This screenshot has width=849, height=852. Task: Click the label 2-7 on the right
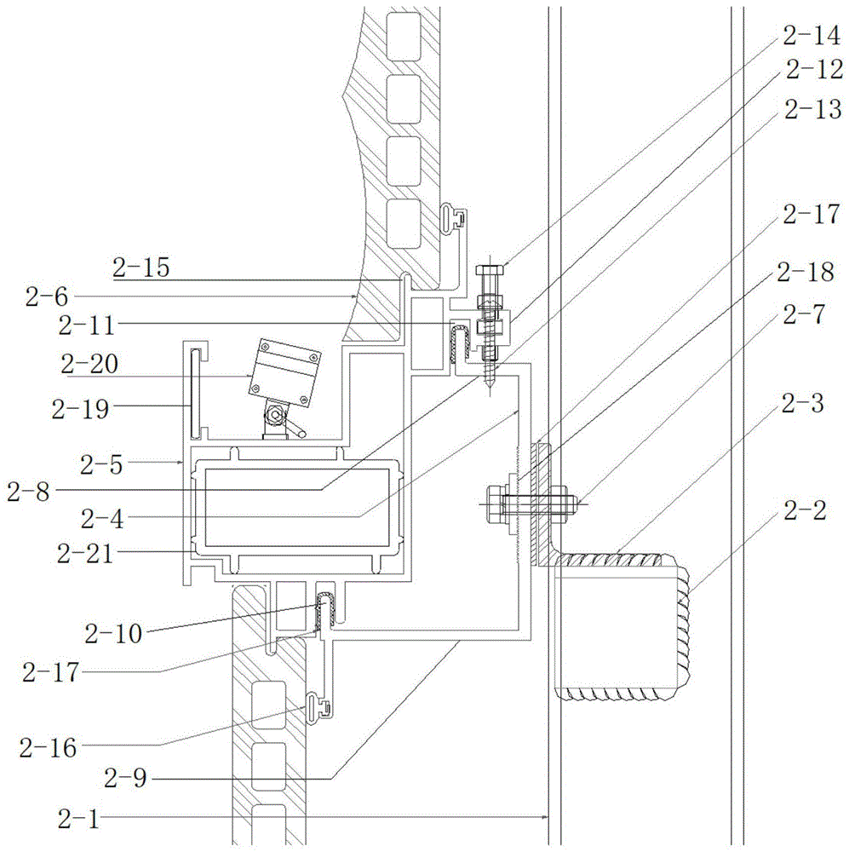(801, 314)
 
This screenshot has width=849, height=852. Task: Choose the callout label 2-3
(801, 404)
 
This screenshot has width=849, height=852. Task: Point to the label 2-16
(49, 749)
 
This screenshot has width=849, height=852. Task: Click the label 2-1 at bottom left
(79, 820)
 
